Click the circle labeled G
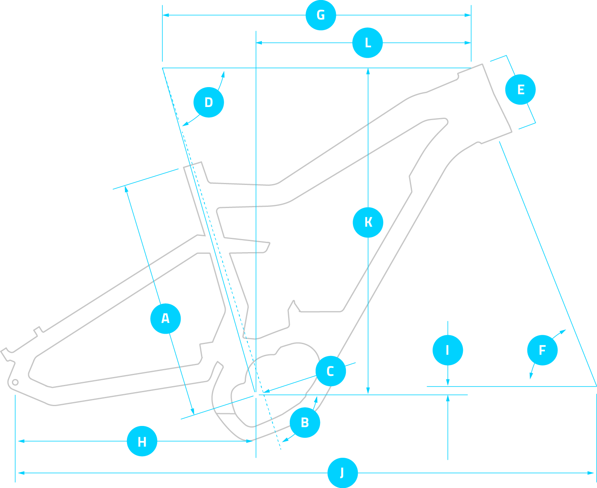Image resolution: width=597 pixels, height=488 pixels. (x=321, y=15)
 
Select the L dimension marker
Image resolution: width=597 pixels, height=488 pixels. (x=367, y=43)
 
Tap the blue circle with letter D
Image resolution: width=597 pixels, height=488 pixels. (x=209, y=102)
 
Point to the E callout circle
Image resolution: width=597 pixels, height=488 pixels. (x=520, y=89)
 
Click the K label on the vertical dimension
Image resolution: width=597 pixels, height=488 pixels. (x=368, y=222)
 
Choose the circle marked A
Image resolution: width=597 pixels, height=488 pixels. (x=166, y=319)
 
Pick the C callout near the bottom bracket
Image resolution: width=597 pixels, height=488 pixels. (x=330, y=371)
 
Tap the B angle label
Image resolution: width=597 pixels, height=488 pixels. (x=305, y=422)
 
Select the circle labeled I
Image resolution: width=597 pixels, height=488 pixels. (x=448, y=350)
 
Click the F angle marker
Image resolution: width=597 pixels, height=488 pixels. (x=542, y=350)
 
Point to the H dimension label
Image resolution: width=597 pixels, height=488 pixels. (x=142, y=441)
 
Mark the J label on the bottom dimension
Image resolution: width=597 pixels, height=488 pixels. (x=343, y=473)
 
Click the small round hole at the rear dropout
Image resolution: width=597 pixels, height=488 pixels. (x=15, y=383)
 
